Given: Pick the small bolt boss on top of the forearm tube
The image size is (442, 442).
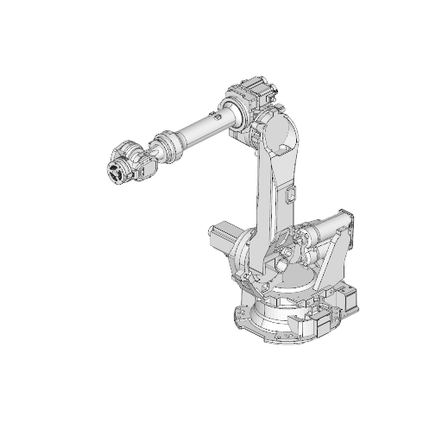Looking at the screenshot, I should coord(222,110).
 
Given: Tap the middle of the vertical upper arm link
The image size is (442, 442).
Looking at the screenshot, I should coord(272,194).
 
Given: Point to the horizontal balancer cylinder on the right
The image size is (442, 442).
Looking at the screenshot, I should coord(324,228).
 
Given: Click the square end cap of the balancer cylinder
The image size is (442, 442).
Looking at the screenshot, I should coord(346,223).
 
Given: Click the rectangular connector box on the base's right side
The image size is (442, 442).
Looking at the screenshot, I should coord(327,325).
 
